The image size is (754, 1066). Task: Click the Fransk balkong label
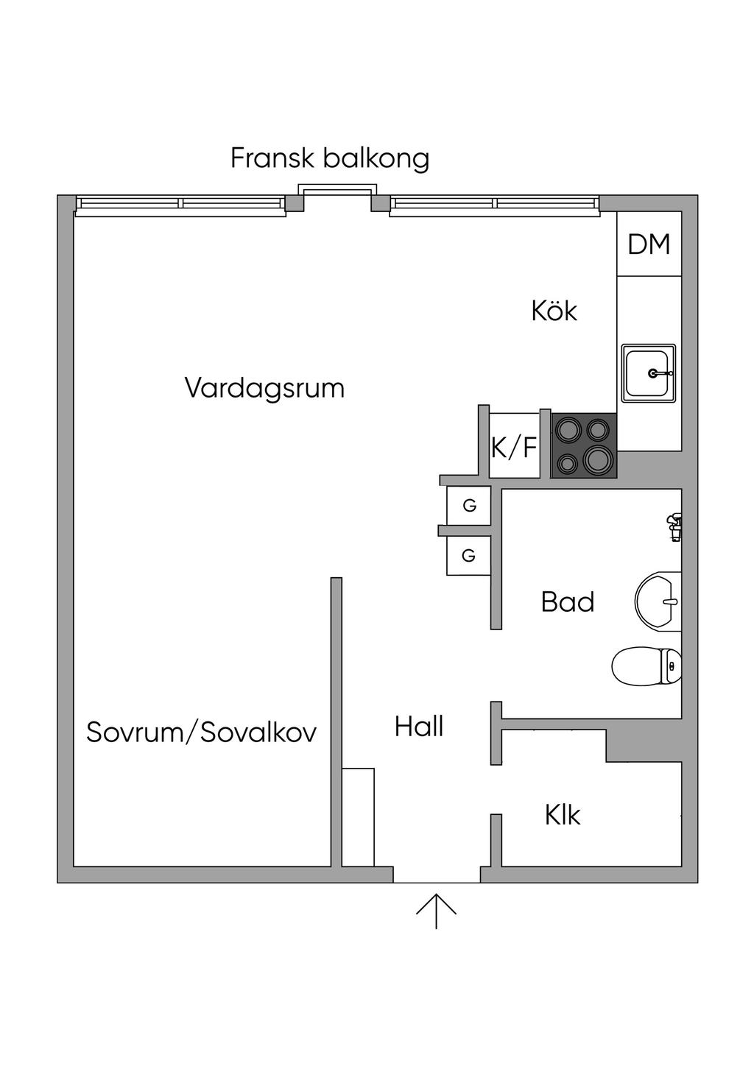point(329,159)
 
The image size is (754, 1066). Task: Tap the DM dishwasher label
point(649,244)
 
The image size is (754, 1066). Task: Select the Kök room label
point(554,311)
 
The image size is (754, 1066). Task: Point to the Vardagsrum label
point(264,388)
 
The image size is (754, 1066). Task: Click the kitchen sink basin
point(647,373)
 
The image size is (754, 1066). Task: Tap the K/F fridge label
point(514,447)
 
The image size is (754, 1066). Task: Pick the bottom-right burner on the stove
point(597,460)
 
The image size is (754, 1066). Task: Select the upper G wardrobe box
point(469,506)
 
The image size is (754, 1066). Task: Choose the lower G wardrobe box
point(468,556)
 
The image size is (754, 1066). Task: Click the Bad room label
point(567,602)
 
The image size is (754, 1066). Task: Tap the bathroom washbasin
point(659,601)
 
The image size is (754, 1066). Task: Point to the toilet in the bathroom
point(646,666)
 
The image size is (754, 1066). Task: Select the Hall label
point(419,727)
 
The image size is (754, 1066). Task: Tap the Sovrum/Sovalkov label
point(201,732)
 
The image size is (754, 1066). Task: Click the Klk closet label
point(563,815)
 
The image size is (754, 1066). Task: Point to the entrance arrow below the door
point(436,911)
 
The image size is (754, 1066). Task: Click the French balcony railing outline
point(335,189)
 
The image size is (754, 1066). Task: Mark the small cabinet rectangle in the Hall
point(359,817)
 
